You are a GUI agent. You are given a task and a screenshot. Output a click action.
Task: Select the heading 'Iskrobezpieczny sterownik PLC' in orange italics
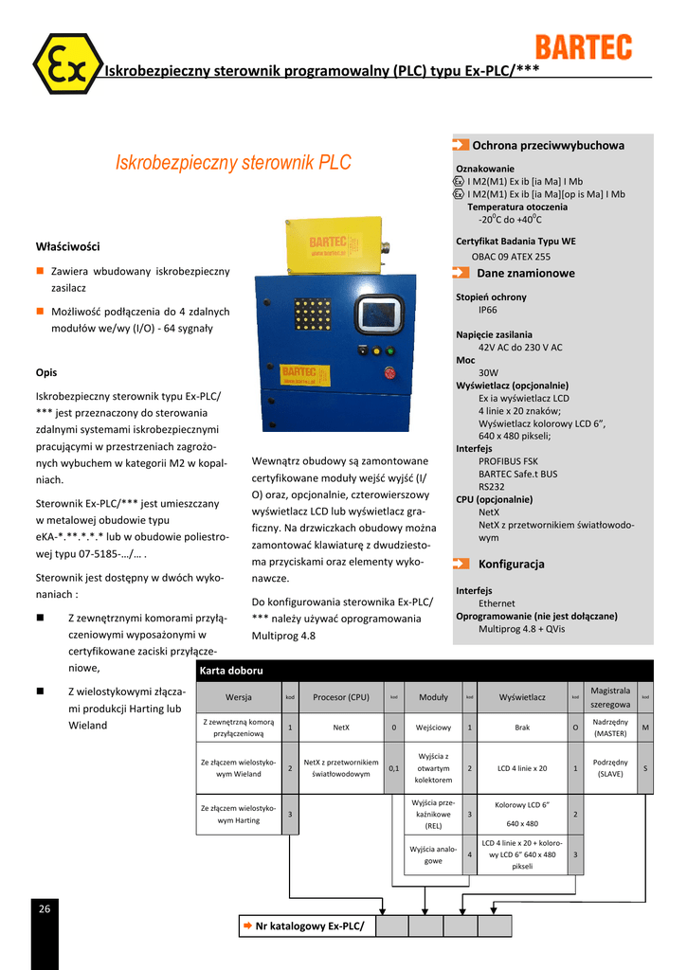[233, 162]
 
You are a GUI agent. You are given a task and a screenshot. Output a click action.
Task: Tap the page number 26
[45, 908]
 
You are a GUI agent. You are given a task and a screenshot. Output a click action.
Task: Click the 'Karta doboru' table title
[232, 671]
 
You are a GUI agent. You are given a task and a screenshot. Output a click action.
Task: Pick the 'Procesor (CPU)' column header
[341, 697]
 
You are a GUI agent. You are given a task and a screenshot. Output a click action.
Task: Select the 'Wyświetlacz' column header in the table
[522, 697]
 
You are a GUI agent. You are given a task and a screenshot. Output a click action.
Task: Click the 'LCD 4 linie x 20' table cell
[522, 768]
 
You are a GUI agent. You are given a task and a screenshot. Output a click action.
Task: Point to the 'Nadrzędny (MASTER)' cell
[610, 727]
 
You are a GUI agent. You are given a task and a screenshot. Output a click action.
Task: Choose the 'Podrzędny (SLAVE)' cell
[610, 768]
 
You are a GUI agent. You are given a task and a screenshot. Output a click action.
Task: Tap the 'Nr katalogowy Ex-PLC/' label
[309, 925]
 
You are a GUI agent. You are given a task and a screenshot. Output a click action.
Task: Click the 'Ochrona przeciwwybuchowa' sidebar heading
[548, 145]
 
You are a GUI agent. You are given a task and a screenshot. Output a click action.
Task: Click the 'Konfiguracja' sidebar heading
[511, 564]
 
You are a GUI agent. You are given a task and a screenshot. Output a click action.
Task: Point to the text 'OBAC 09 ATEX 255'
[511, 256]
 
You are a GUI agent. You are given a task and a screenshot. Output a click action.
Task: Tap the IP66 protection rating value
[487, 310]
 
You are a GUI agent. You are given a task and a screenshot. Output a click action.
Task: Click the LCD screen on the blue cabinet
[380, 314]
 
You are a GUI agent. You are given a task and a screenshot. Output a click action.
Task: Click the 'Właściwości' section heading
[67, 246]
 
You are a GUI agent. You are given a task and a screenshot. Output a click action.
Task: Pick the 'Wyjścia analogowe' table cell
[433, 854]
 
